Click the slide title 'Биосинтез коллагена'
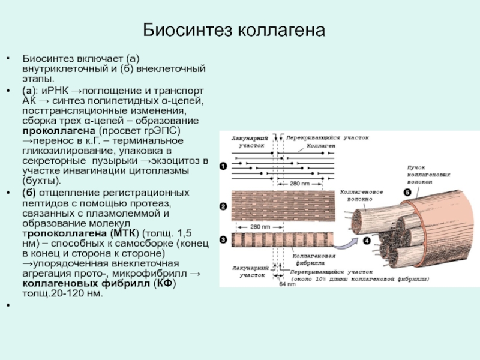click(234, 29)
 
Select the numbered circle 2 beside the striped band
click(223, 207)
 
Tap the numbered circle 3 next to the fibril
click(223, 240)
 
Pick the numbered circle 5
click(407, 193)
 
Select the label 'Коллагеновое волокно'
click(362, 195)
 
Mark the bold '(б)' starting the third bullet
click(29, 192)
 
